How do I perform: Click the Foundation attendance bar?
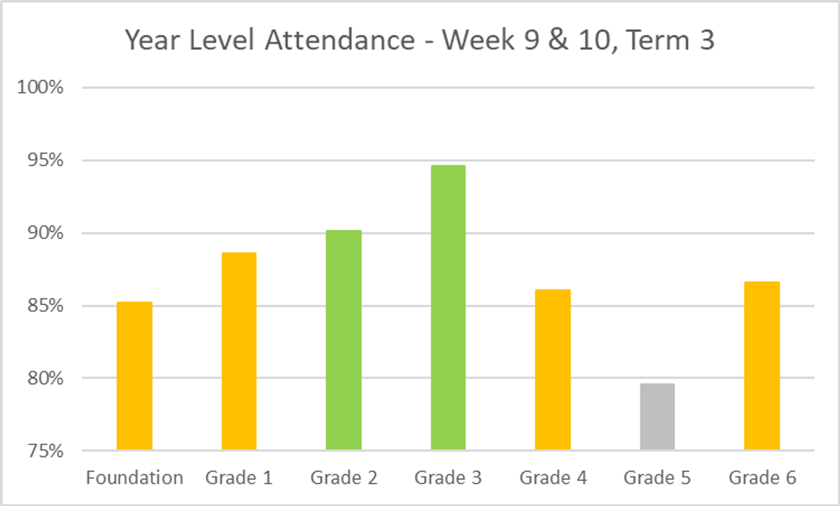134,376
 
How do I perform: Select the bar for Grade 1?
239,351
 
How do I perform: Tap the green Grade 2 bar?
344,340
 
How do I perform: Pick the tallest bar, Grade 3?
448,308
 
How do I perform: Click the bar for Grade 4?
553,369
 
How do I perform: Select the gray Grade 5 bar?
657,416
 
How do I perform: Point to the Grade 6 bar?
762,366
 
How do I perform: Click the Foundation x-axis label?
134,478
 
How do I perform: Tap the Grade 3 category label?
448,478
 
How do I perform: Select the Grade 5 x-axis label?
657,478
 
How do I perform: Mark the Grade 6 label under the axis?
762,478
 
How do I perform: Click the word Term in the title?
654,41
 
